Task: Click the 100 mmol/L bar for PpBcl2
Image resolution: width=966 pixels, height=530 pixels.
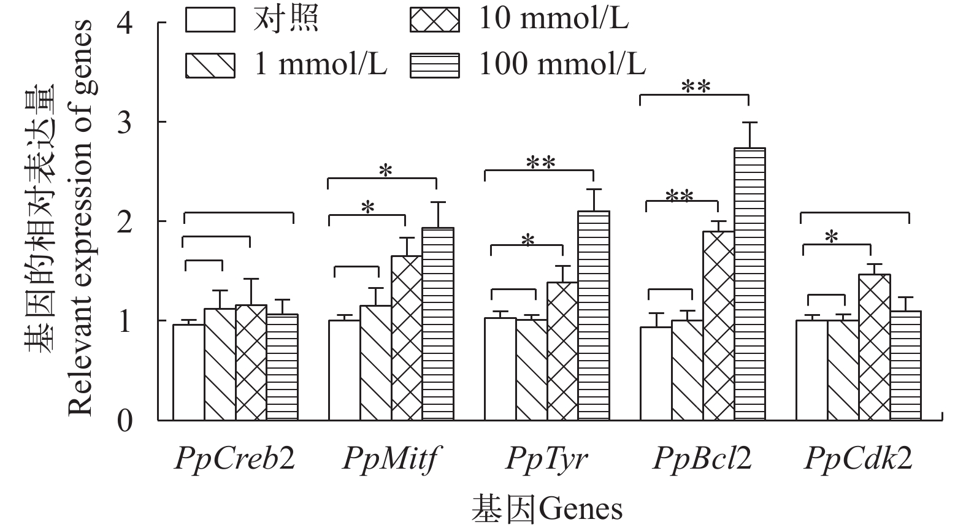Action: [749, 284]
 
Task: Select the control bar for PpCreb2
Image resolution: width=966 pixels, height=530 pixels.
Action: [188, 372]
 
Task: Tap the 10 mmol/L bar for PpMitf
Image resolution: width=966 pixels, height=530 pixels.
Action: [407, 338]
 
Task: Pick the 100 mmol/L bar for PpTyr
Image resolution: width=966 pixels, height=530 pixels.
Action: [594, 316]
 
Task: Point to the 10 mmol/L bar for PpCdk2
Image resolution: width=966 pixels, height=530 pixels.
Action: [874, 347]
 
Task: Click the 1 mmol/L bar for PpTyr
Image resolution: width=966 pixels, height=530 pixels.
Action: [531, 370]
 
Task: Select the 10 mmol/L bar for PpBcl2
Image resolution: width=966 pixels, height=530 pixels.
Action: [718, 326]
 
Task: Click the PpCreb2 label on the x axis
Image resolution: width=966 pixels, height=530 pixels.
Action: [235, 458]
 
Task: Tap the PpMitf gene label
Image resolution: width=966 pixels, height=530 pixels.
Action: [391, 458]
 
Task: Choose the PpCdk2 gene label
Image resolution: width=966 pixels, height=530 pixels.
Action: [858, 458]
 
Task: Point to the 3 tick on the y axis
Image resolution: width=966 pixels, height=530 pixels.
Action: [125, 122]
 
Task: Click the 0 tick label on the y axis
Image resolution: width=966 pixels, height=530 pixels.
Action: [125, 421]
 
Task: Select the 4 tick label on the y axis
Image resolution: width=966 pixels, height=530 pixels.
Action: [125, 23]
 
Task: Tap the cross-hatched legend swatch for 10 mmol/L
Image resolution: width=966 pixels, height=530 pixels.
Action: [434, 19]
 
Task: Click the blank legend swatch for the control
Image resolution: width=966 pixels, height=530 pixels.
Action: [210, 19]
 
